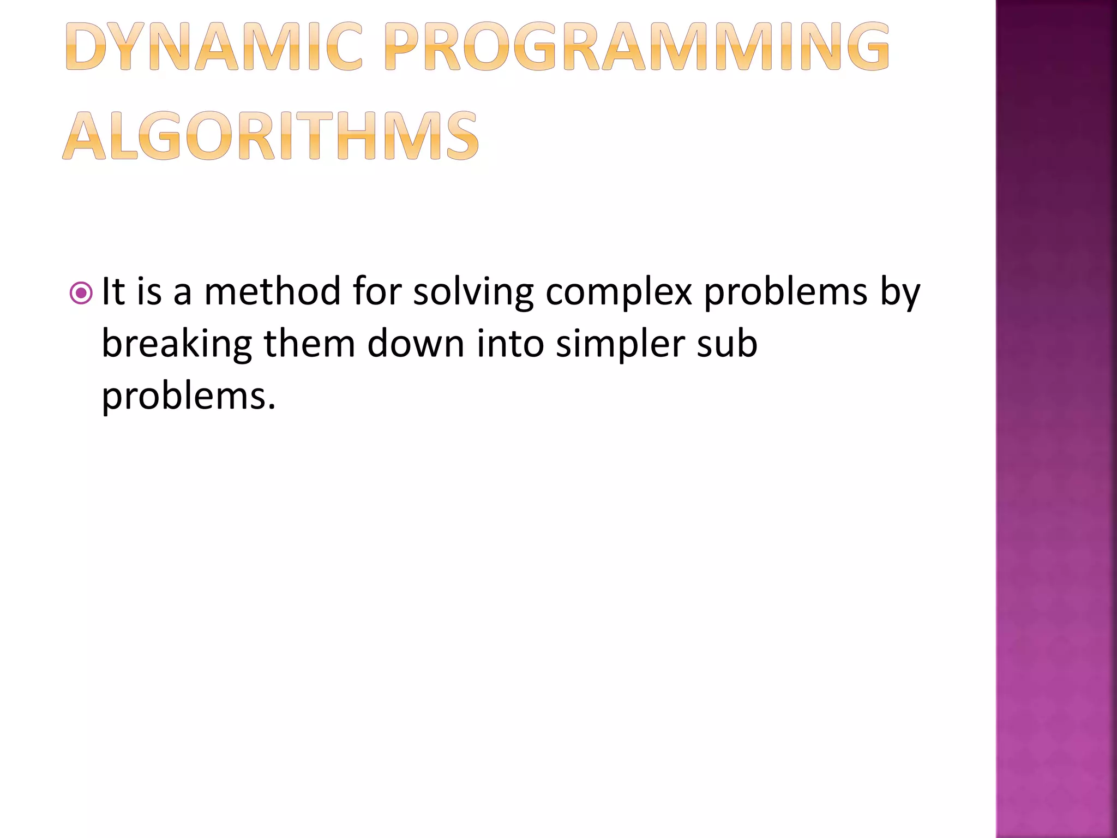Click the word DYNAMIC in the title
point(214,47)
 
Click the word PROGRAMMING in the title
point(636,47)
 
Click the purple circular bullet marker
point(81,294)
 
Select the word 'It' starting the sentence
point(113,291)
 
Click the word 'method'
point(273,291)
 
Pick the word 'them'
point(309,344)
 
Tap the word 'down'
point(416,344)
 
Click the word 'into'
point(511,344)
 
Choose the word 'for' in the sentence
point(377,291)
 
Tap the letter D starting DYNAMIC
point(87,47)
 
